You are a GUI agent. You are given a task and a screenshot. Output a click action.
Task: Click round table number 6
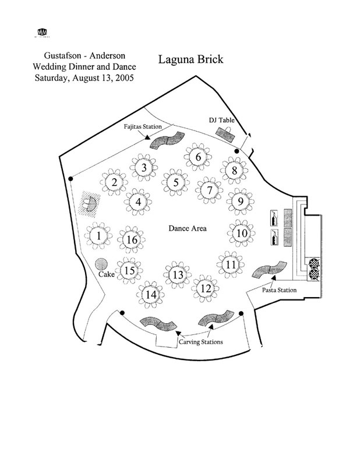point(198,157)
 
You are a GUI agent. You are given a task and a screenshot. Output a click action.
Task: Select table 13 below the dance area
point(178,275)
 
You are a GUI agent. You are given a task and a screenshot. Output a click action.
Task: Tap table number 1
point(99,236)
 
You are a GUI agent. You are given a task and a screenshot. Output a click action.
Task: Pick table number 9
point(238,202)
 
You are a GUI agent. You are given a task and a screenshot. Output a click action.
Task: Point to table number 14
point(151,295)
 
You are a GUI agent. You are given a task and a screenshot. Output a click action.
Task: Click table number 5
point(175,182)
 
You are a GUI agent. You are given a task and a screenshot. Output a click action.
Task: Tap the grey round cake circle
point(101,265)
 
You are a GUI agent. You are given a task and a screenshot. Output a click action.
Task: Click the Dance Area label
point(188,229)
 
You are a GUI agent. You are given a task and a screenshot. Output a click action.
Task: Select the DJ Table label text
point(221,121)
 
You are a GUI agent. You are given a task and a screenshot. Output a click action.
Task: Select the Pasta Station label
point(279,290)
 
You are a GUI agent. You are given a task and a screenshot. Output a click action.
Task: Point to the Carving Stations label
point(200,342)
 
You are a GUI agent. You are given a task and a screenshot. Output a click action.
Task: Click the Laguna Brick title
point(190,59)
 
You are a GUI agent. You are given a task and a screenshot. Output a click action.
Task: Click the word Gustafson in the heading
point(56,57)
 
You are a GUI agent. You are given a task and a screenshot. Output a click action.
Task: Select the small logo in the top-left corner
point(42,33)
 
